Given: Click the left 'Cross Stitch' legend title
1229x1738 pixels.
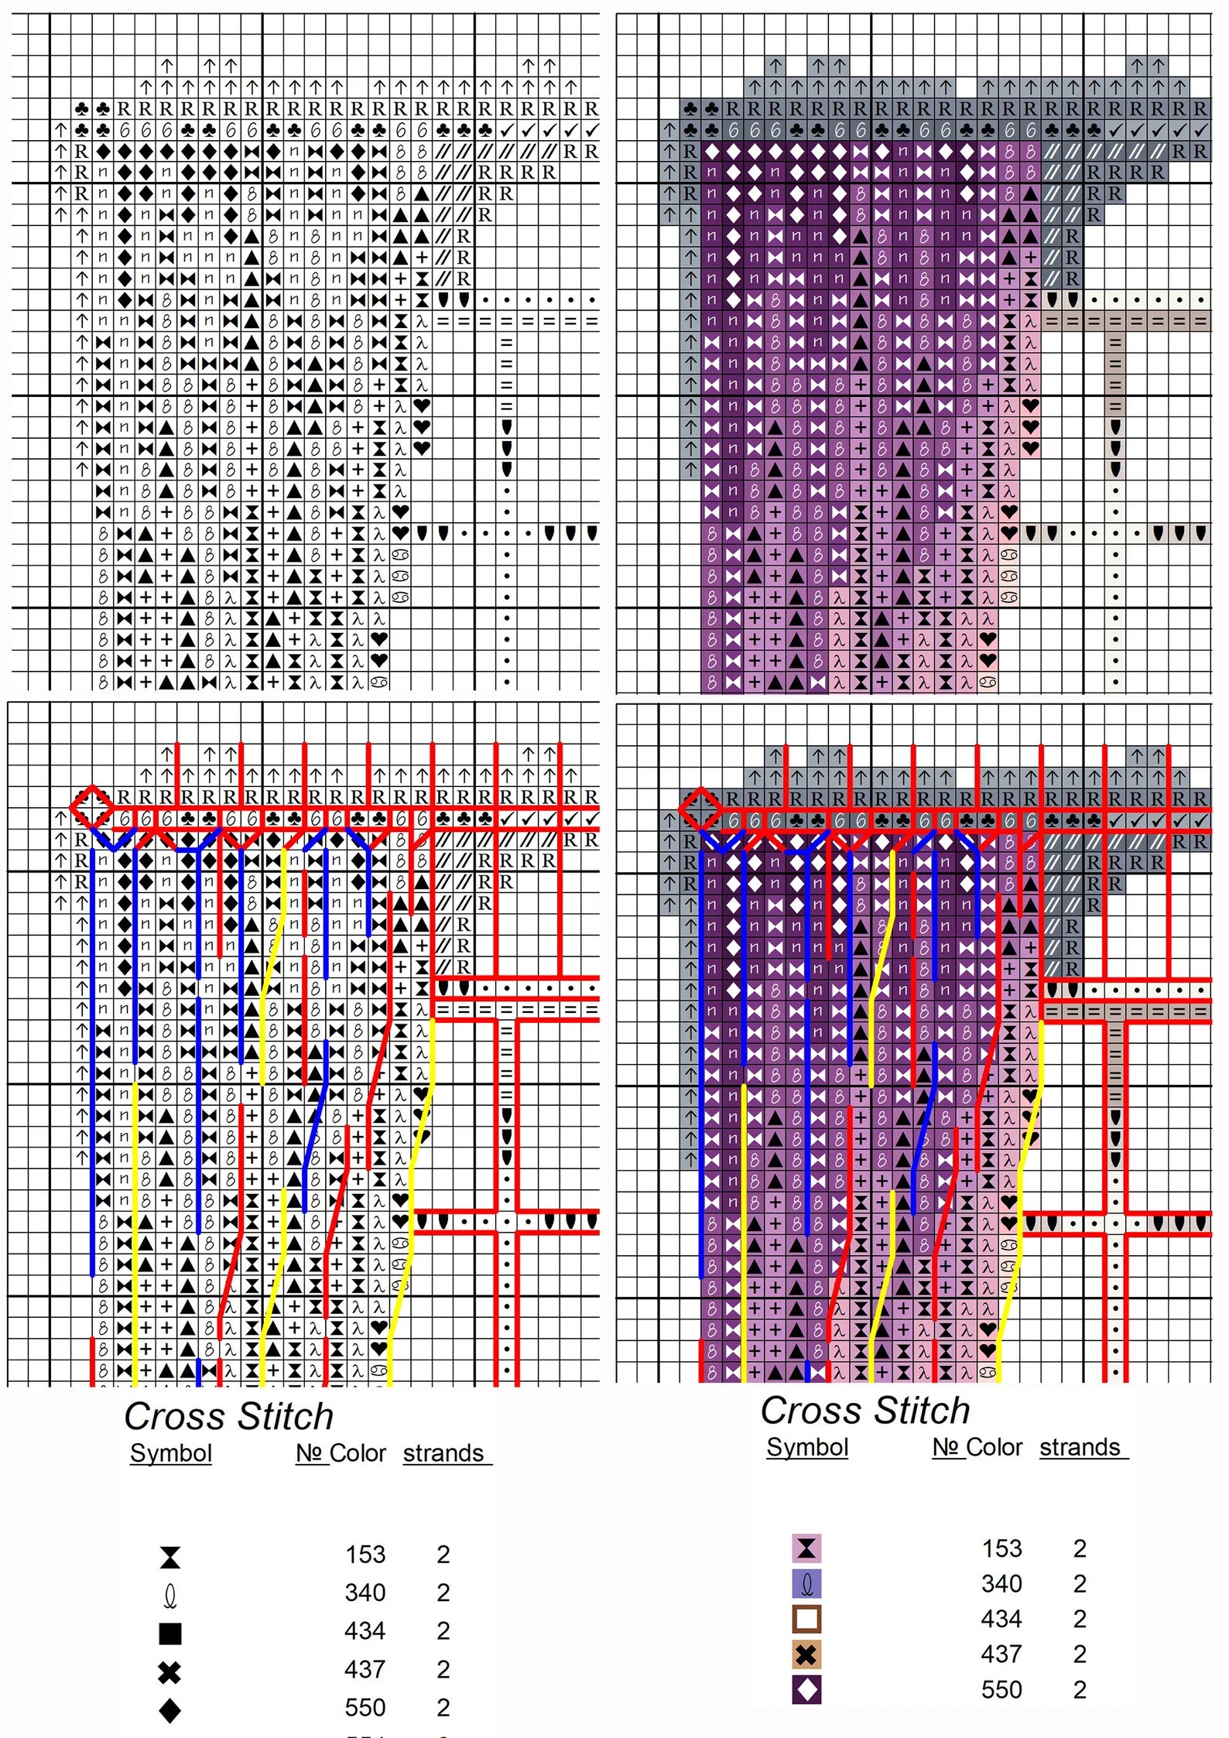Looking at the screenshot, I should [228, 1417].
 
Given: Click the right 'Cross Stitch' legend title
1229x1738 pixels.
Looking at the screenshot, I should [864, 1411].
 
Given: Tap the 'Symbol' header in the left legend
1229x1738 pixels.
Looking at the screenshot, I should [170, 1453].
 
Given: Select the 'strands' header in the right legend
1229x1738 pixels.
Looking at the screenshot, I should [1080, 1447].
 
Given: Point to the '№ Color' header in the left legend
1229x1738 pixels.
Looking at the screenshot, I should [341, 1453].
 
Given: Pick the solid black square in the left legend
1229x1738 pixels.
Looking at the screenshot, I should [170, 1634].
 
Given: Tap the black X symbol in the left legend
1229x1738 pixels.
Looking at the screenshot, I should [169, 1672].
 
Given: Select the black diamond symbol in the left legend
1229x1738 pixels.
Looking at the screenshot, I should [170, 1710].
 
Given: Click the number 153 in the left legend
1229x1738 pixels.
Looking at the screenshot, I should [365, 1555].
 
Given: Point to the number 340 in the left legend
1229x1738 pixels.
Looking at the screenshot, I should [365, 1593].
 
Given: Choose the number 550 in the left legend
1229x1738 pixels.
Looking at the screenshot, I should [365, 1707].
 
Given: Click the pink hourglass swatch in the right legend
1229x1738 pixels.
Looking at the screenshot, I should [806, 1548].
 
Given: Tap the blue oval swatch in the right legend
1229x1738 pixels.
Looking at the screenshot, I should [806, 1584].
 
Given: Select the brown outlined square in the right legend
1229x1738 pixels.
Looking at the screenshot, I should [806, 1619].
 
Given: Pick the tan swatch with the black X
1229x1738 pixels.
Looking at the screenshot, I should [806, 1654].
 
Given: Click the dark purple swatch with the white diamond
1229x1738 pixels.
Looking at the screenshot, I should [806, 1690].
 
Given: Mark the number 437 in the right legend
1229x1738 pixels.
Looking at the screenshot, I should [1001, 1654].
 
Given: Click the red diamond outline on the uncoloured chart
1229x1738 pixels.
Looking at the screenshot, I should [91, 807].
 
